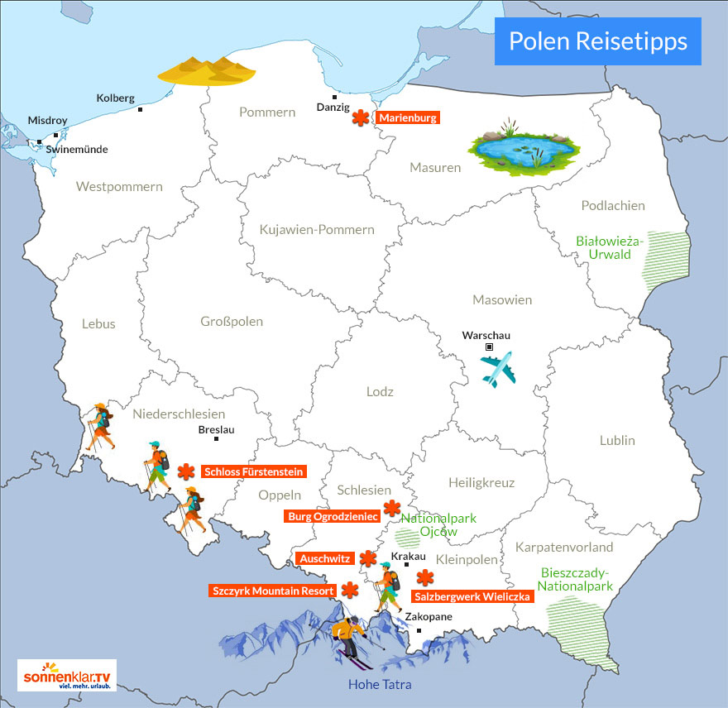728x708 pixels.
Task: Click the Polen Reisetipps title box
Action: click(597, 41)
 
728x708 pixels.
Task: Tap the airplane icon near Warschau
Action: click(498, 369)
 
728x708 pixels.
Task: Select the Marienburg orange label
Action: click(408, 118)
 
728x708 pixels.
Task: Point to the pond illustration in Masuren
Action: click(522, 148)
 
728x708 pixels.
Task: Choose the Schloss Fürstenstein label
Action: click(253, 471)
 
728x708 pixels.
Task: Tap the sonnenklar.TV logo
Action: click(67, 675)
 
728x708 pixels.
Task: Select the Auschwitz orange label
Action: click(325, 558)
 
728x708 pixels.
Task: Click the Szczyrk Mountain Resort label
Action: click(273, 591)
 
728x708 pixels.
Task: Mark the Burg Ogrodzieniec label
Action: click(332, 516)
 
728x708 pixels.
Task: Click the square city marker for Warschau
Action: click(489, 347)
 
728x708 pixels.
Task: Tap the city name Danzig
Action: click(333, 108)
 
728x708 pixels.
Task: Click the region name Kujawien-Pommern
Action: click(316, 230)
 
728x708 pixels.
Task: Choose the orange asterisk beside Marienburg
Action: click(360, 118)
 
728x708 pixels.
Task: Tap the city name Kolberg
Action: click(115, 98)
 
